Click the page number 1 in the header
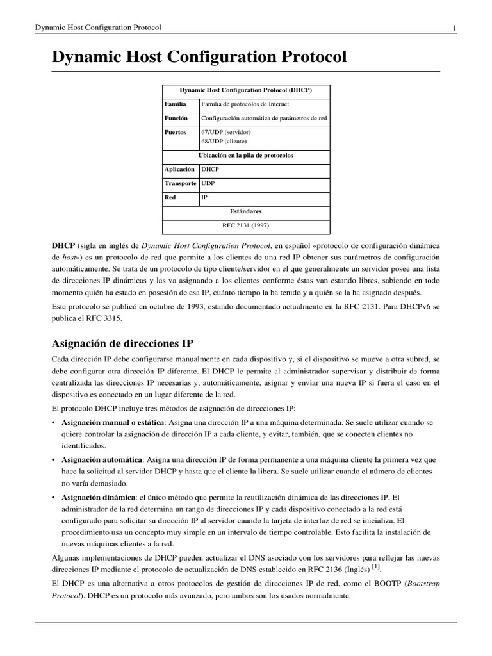click(x=454, y=28)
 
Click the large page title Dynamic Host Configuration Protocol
click(x=199, y=57)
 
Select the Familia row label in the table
click(x=176, y=103)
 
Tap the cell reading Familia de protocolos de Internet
click(x=245, y=103)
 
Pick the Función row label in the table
click(x=176, y=118)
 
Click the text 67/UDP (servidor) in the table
click(x=225, y=132)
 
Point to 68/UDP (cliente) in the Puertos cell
click(x=224, y=141)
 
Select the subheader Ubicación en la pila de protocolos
click(x=246, y=155)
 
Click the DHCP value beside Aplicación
click(x=209, y=169)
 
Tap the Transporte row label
click(x=181, y=183)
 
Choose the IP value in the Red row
click(x=204, y=197)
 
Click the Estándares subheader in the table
click(x=246, y=211)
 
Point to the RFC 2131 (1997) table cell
click(x=246, y=225)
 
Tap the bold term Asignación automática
click(x=101, y=460)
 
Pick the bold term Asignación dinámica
click(x=98, y=497)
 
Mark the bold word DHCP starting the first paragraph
click(x=63, y=245)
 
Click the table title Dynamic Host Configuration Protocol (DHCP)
click(x=246, y=90)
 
